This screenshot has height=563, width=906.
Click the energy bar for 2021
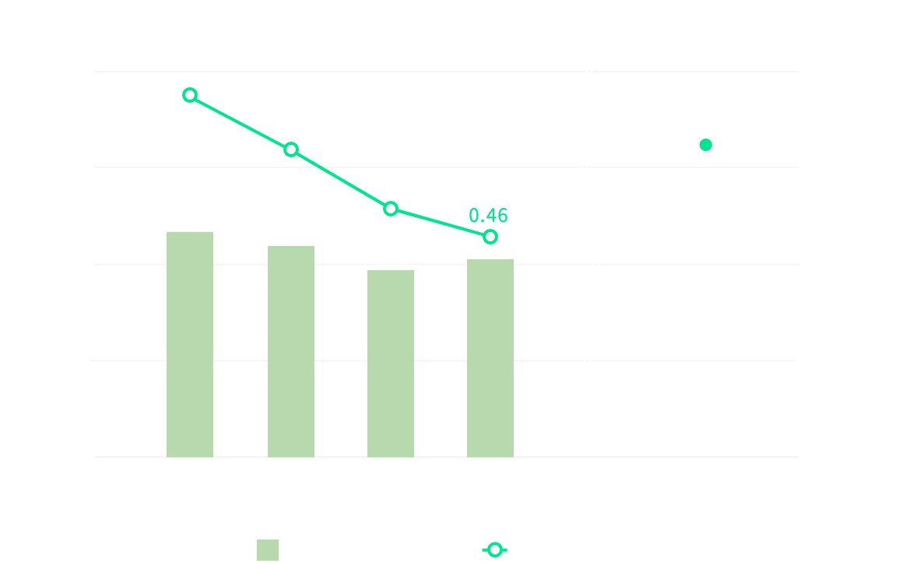pos(190,344)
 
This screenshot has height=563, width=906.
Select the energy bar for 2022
pos(291,351)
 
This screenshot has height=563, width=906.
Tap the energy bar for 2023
pos(391,364)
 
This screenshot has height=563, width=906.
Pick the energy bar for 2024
pos(490,358)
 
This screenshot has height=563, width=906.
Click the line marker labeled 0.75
pos(190,95)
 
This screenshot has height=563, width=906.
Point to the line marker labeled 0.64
pos(291,150)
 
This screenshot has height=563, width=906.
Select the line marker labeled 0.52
pos(391,208)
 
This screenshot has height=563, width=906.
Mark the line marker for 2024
pos(490,237)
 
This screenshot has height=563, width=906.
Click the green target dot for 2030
pos(706,145)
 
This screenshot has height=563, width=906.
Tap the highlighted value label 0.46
pos(488,216)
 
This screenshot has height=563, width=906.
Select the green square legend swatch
pos(268,550)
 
